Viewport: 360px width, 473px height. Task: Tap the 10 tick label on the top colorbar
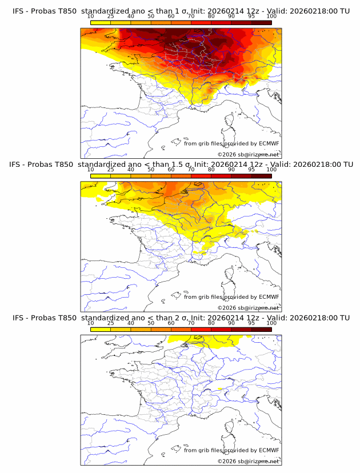click(91, 16)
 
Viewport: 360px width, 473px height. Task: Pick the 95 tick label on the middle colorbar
click(251, 170)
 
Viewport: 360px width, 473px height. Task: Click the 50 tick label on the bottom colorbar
click(151, 323)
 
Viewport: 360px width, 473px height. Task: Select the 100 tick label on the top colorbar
click(271, 16)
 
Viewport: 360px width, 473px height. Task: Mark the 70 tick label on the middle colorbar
click(191, 170)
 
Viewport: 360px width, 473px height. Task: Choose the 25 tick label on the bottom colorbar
click(111, 323)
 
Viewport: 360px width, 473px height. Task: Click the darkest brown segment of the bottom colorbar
click(261, 328)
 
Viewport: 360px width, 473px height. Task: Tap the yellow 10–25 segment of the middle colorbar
click(101, 175)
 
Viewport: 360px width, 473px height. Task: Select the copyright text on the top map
click(249, 155)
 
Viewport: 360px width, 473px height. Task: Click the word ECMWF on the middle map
click(269, 297)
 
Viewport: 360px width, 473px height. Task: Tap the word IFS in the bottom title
click(18, 318)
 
